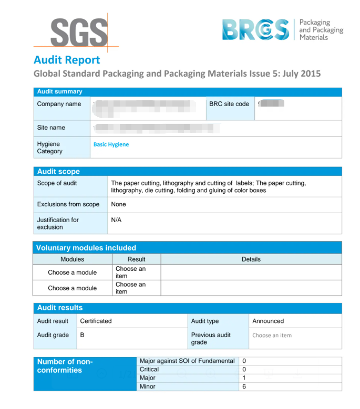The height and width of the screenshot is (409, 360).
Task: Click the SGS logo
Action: click(x=78, y=32)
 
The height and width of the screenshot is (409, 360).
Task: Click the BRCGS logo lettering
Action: click(x=255, y=29)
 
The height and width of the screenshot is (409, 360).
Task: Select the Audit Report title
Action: click(x=67, y=59)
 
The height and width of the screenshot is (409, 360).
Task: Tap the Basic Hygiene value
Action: click(x=111, y=144)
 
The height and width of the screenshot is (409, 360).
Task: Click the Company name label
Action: click(x=59, y=104)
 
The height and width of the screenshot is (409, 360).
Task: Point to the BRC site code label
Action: click(x=229, y=104)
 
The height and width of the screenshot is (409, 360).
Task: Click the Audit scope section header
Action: click(x=58, y=171)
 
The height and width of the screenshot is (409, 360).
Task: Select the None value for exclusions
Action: click(x=119, y=204)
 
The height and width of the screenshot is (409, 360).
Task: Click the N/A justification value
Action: click(x=116, y=220)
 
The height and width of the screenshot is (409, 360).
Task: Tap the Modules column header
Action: click(x=73, y=259)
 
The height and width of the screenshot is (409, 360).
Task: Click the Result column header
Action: click(x=137, y=259)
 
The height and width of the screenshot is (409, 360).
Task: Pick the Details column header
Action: click(x=251, y=259)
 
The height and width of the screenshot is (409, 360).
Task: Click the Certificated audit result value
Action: click(x=96, y=321)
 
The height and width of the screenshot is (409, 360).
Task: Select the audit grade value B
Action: click(x=82, y=335)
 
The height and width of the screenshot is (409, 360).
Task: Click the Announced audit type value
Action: click(x=268, y=321)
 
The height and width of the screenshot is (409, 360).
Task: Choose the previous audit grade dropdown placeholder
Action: click(x=272, y=335)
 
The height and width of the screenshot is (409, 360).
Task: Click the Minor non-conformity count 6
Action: click(x=244, y=386)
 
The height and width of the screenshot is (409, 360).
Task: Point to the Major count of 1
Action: click(x=244, y=378)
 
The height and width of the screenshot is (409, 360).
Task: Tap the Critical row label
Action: click(x=149, y=370)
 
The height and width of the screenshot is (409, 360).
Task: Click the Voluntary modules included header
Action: click(x=86, y=248)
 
